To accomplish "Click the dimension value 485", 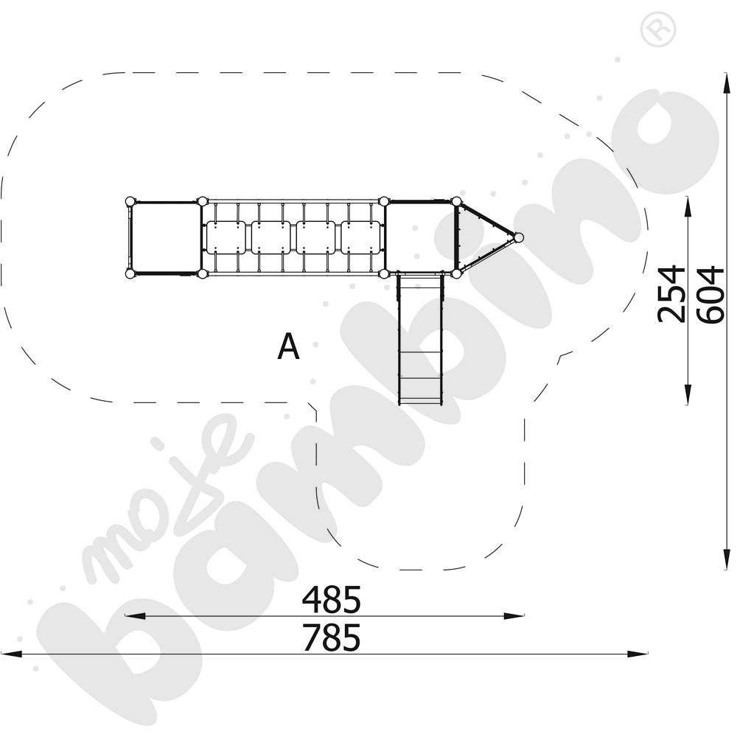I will (331, 600).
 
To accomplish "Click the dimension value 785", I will (331, 638).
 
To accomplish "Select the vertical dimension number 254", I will (671, 293).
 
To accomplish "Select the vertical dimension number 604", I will (710, 293).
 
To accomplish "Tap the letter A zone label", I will (288, 347).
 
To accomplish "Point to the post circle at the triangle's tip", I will (518, 237).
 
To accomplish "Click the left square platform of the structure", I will (165, 237).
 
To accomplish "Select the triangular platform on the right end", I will (479, 237).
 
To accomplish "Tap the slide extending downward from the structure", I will (420, 339).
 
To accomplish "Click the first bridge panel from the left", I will (226, 237).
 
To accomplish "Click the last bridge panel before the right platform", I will (361, 237).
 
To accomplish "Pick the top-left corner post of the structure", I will (130, 200).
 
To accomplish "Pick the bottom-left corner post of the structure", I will (130, 274).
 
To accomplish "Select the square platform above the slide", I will (420, 237).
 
